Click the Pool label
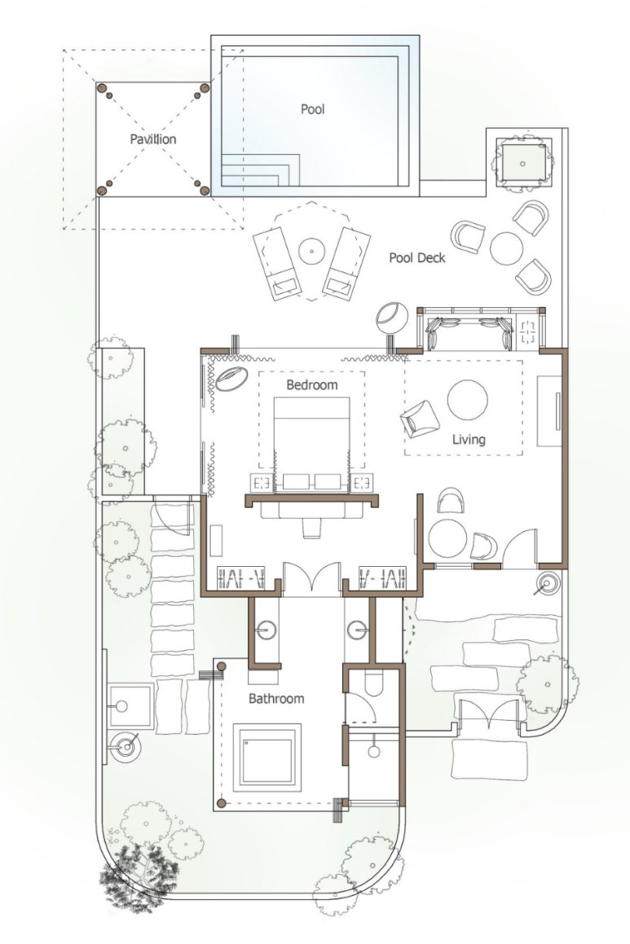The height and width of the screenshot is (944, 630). pyautogui.click(x=313, y=109)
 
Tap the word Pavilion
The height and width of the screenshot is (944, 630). pyautogui.click(x=153, y=139)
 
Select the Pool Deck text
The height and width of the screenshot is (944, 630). pyautogui.click(x=416, y=257)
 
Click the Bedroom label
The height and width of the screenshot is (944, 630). pyautogui.click(x=311, y=384)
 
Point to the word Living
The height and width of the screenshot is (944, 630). pyautogui.click(x=469, y=440)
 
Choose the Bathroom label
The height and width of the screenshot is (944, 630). pyautogui.click(x=276, y=699)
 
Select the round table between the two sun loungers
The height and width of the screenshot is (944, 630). pyautogui.click(x=311, y=250)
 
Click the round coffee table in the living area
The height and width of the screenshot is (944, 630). pyautogui.click(x=467, y=401)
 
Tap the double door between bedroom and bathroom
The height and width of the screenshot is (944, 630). pyautogui.click(x=312, y=578)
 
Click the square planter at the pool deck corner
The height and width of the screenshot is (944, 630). pyautogui.click(x=522, y=163)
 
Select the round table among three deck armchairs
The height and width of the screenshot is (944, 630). pyautogui.click(x=507, y=248)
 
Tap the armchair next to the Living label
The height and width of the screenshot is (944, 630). pyautogui.click(x=420, y=419)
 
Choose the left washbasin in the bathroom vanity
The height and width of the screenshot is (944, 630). pyautogui.click(x=265, y=630)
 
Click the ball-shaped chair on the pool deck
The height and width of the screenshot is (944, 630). pyautogui.click(x=392, y=317)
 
